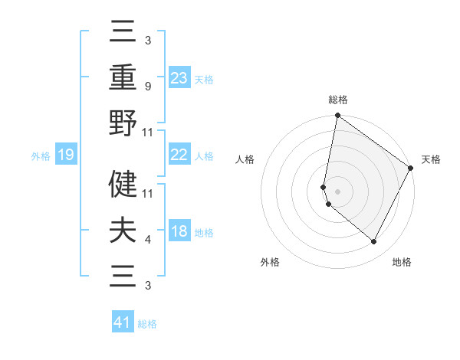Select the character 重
(x=123, y=78)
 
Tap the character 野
(x=123, y=123)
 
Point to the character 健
(x=123, y=184)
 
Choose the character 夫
(x=123, y=230)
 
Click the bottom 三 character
(x=123, y=275)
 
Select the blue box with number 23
(x=179, y=77)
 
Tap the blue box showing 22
(x=179, y=155)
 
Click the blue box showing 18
(x=179, y=231)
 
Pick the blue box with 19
(x=65, y=155)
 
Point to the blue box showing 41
(x=123, y=322)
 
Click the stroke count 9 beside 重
(x=147, y=87)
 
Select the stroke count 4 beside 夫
(x=147, y=240)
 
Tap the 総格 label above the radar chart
(x=338, y=100)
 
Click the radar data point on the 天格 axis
(x=412, y=169)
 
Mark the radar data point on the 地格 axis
(x=374, y=242)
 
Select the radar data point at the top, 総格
(x=337, y=116)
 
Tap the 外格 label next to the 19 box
(x=41, y=156)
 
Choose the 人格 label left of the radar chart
(x=245, y=159)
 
